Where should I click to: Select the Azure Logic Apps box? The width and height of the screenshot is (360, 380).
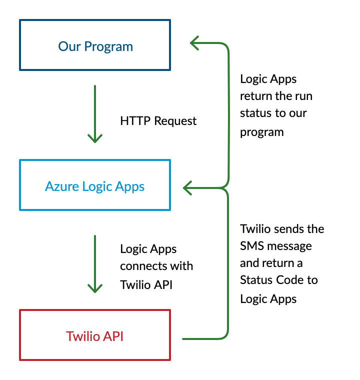95,185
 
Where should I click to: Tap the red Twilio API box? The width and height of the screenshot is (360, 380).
95,335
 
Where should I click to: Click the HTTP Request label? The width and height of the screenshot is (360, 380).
158,121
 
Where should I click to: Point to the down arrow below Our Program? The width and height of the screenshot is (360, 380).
95,115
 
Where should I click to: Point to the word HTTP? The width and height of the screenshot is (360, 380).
135,121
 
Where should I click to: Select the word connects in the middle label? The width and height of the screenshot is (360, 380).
144,266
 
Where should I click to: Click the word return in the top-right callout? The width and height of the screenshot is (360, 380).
254,96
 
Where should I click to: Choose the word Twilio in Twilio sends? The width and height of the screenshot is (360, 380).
256,229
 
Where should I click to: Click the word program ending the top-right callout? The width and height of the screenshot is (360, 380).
261,132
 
